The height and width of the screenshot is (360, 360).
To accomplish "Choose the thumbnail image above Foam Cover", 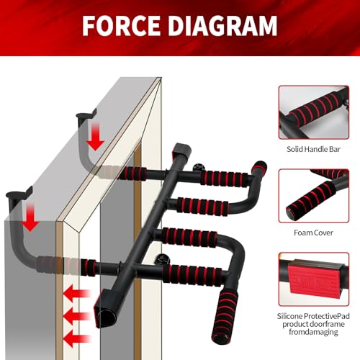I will point(314,195).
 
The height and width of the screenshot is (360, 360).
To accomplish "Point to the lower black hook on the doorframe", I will point(19,194).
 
